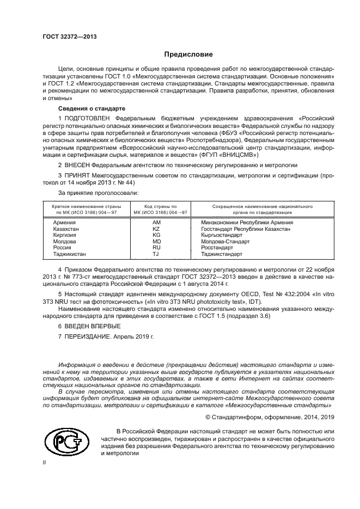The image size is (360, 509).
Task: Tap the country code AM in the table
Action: [157, 223]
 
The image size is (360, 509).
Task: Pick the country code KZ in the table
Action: [157, 229]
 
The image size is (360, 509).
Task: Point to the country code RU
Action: [157, 247]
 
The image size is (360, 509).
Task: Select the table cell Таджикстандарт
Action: [222, 254]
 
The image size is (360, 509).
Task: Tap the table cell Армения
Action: [65, 223]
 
